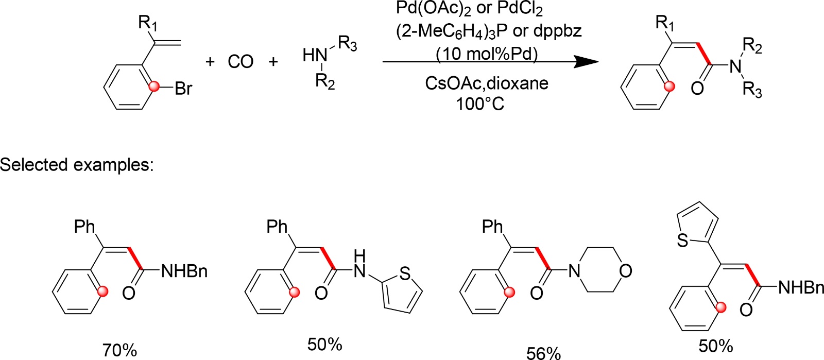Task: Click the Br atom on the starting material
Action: click(183, 89)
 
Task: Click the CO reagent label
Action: click(241, 62)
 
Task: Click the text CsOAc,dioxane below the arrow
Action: click(487, 83)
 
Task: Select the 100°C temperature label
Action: click(480, 104)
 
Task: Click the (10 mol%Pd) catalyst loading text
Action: click(487, 53)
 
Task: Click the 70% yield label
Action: click(119, 350)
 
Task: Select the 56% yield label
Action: click(543, 353)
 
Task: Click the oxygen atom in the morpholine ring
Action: click(625, 271)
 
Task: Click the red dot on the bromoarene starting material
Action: click(153, 88)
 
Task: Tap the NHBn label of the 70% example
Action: click(184, 271)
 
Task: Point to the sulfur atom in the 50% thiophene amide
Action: click(405, 273)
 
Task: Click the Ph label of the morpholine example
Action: click(492, 227)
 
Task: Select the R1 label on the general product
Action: click(665, 23)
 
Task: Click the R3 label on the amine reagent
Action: click(348, 45)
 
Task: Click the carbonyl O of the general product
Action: click(697, 88)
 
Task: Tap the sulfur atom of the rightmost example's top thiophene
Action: click(683, 240)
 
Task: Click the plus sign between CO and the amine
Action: click(273, 62)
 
